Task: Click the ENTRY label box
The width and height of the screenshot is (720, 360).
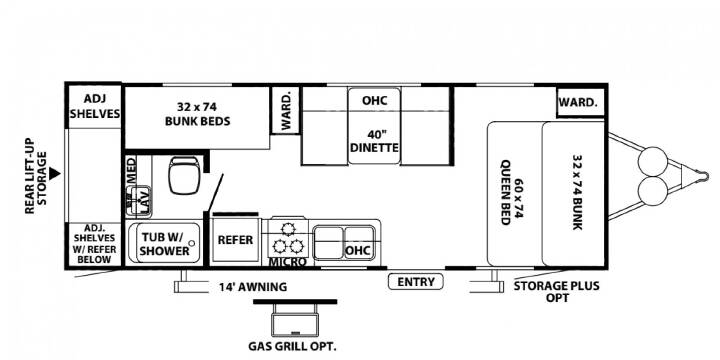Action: (416, 281)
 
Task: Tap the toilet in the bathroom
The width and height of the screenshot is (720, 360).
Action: (184, 175)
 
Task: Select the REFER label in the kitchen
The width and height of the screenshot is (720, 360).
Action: (235, 240)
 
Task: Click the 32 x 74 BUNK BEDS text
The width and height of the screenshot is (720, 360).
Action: (197, 114)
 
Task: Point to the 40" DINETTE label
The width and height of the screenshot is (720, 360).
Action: (374, 142)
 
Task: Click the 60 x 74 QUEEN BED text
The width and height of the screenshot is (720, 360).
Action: (511, 192)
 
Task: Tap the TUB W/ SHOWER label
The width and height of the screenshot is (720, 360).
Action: (164, 244)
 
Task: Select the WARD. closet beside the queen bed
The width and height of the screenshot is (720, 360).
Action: (580, 102)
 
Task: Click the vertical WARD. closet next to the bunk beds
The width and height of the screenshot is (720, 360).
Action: (286, 111)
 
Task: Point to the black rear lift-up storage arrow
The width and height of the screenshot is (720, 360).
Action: (55, 173)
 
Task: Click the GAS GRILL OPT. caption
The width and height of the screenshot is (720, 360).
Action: (292, 346)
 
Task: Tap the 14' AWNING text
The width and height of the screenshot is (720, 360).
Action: (253, 287)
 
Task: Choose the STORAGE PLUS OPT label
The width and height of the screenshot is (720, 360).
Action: (557, 292)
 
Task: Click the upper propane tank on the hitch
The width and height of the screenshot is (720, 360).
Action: (652, 161)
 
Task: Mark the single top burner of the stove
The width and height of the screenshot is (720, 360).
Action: (288, 228)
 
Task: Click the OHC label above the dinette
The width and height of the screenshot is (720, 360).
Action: (374, 100)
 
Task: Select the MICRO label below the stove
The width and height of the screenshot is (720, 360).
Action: (287, 262)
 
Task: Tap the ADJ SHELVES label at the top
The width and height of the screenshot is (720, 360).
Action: (95, 106)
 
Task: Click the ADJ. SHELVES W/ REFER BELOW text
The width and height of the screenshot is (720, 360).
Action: (95, 243)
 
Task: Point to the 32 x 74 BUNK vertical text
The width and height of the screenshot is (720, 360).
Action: (577, 192)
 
